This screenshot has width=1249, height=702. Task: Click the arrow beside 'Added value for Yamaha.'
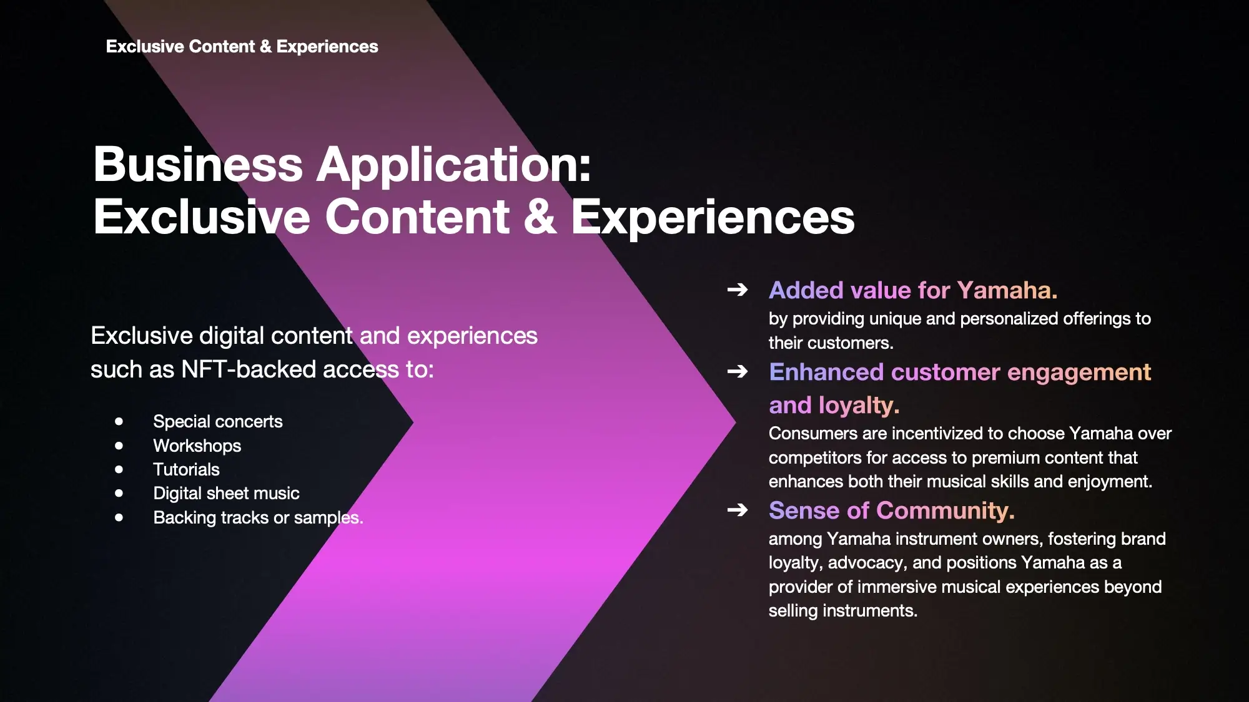click(738, 290)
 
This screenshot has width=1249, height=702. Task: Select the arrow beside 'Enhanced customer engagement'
click(738, 371)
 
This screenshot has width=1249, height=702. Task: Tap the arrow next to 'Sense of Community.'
click(738, 510)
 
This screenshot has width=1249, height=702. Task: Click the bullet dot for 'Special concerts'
click(119, 421)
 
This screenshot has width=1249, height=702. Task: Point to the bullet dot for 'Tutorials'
click(119, 469)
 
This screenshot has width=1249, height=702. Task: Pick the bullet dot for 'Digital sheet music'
click(119, 493)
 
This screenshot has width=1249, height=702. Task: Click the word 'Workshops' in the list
click(197, 446)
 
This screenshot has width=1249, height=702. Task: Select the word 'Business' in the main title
click(198, 165)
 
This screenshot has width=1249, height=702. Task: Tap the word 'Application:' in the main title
click(454, 165)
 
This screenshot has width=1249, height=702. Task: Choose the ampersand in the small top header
click(265, 46)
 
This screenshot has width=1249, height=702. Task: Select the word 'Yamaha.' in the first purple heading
click(1007, 290)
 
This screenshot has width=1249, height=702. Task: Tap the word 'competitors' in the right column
click(815, 458)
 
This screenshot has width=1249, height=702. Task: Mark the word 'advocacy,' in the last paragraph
click(867, 563)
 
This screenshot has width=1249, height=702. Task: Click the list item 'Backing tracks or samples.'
click(258, 517)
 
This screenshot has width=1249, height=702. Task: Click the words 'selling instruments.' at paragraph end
click(843, 610)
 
